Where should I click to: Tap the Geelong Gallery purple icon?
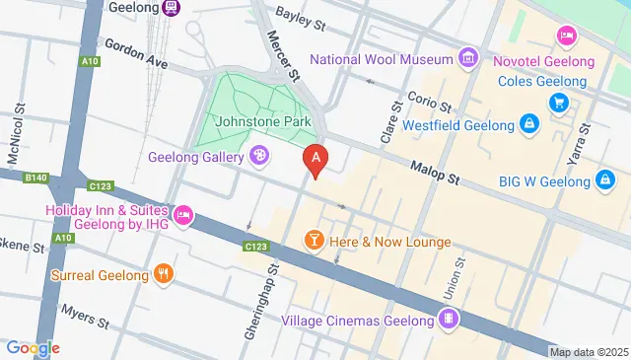(259, 155)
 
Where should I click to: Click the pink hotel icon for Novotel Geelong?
(566, 36)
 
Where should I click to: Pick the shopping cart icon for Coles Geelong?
(558, 102)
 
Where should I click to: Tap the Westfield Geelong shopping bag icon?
(530, 125)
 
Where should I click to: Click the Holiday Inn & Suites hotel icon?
(182, 214)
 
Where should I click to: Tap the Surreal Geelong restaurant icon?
(164, 274)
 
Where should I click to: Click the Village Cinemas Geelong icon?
(449, 319)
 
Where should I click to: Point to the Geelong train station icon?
(171, 7)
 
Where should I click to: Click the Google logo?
(33, 347)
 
